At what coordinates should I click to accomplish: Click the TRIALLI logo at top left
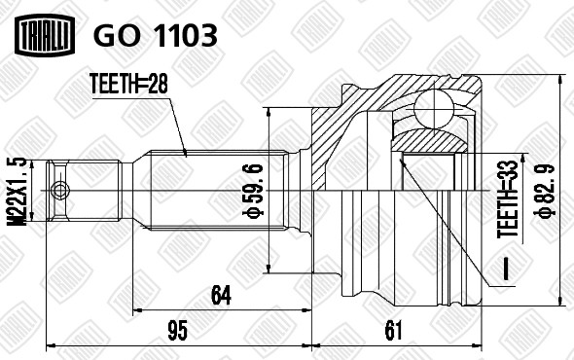click(x=45, y=35)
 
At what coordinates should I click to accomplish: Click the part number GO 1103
click(x=156, y=36)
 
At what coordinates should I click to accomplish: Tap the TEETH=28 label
click(x=128, y=84)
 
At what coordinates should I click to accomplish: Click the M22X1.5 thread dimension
click(x=17, y=191)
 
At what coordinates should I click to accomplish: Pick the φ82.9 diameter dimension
click(x=546, y=190)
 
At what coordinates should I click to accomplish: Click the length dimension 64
click(x=221, y=296)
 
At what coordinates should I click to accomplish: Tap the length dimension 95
click(x=177, y=330)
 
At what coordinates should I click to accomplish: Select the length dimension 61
click(x=393, y=330)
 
